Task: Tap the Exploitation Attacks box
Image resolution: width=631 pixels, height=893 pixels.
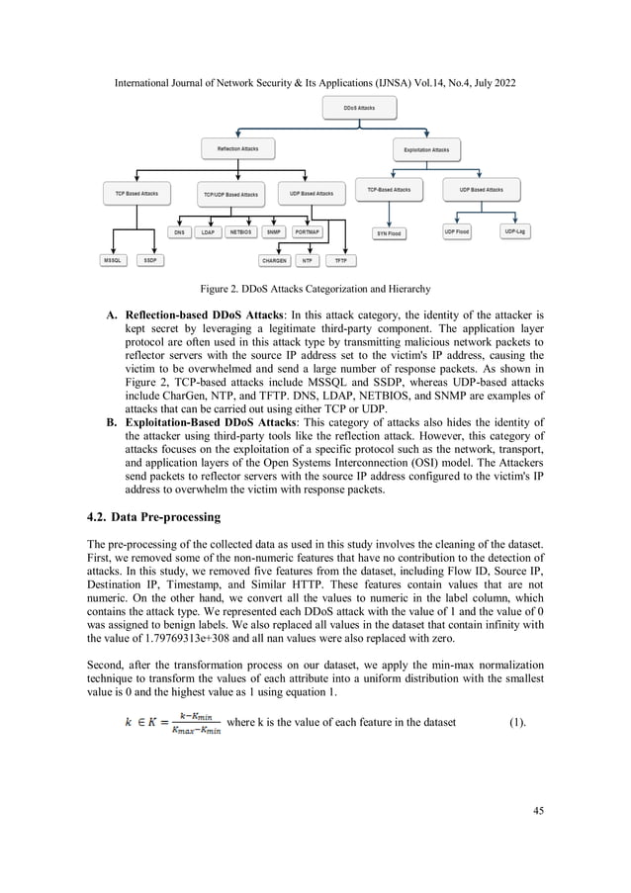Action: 426,150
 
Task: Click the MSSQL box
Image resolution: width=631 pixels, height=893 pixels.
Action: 114,261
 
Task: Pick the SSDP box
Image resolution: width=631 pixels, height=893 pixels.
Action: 151,261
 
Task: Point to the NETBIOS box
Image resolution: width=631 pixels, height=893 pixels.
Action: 240,232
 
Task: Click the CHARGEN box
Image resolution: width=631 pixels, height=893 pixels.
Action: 273,261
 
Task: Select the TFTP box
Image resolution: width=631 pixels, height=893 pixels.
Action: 341,261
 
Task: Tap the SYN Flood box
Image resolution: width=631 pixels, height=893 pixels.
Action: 388,233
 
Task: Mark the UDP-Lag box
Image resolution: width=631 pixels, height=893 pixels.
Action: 516,231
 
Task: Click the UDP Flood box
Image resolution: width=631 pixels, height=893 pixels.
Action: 456,231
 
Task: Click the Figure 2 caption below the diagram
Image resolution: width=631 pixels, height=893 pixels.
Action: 315,289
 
